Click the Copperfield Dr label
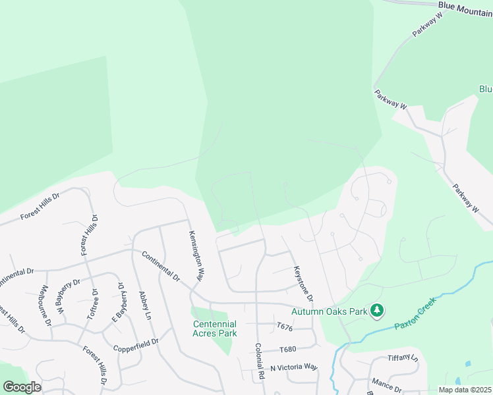(x=136, y=343)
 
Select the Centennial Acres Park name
(x=214, y=329)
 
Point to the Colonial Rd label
(x=260, y=360)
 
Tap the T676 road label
(x=284, y=327)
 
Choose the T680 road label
(x=288, y=350)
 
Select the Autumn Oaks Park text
(x=329, y=310)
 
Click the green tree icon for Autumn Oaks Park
(x=377, y=310)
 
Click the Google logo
(x=22, y=386)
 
